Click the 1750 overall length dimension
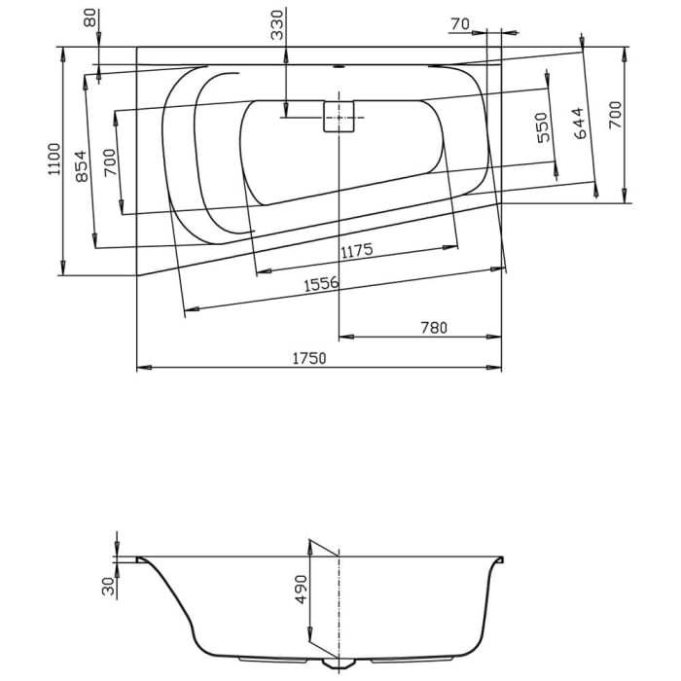tap(310, 357)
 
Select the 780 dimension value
tap(433, 328)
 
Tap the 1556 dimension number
tap(320, 285)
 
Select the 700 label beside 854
tap(109, 159)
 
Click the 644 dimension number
tap(581, 124)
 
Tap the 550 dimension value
tap(543, 126)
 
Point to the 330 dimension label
tap(277, 24)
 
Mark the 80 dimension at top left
tap(90, 18)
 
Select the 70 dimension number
tap(460, 23)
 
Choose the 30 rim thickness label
tap(108, 585)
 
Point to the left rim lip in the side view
tap(141, 559)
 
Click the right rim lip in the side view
tap(500, 559)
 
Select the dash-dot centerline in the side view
tap(338, 603)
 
